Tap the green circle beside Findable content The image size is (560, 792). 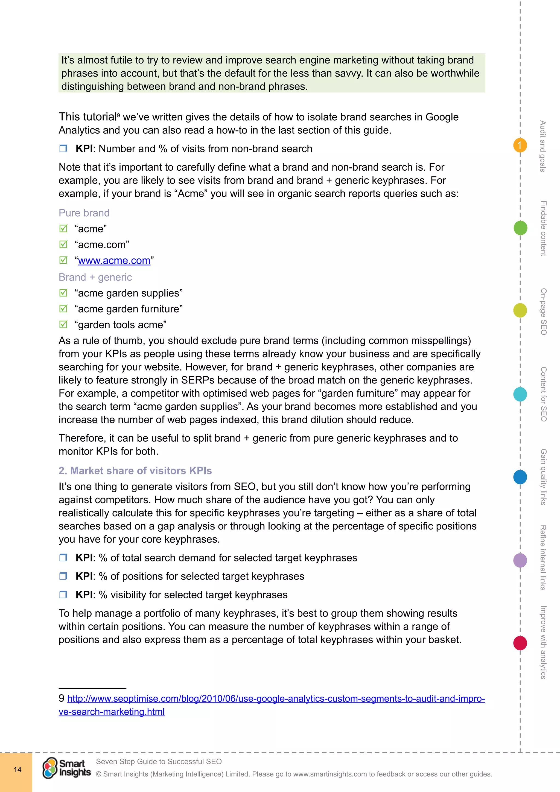520,228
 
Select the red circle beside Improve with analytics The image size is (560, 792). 520,643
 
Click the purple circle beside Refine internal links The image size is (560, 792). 520,560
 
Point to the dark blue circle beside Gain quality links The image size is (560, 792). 520,477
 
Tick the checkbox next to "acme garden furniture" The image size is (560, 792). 63,309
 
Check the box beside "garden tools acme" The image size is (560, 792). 63,325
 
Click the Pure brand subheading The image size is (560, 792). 84,213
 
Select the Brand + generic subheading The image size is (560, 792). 95,277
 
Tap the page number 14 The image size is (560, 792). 17,770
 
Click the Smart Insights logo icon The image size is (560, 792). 50,768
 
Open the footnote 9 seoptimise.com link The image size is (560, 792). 276,698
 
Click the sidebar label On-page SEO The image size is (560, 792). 543,311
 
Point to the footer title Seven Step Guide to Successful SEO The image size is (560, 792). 159,761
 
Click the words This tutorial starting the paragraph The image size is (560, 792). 87,117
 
